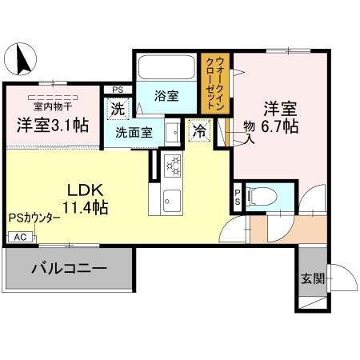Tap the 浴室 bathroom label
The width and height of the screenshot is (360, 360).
166,95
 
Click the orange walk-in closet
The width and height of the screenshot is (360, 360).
215,82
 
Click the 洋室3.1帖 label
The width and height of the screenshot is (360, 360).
52,125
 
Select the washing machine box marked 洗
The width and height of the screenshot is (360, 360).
117,108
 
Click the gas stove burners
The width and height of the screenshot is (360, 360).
174,166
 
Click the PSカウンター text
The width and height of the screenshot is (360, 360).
34,218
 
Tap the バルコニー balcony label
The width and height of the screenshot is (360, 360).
70,270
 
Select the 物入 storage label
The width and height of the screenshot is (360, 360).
248,132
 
